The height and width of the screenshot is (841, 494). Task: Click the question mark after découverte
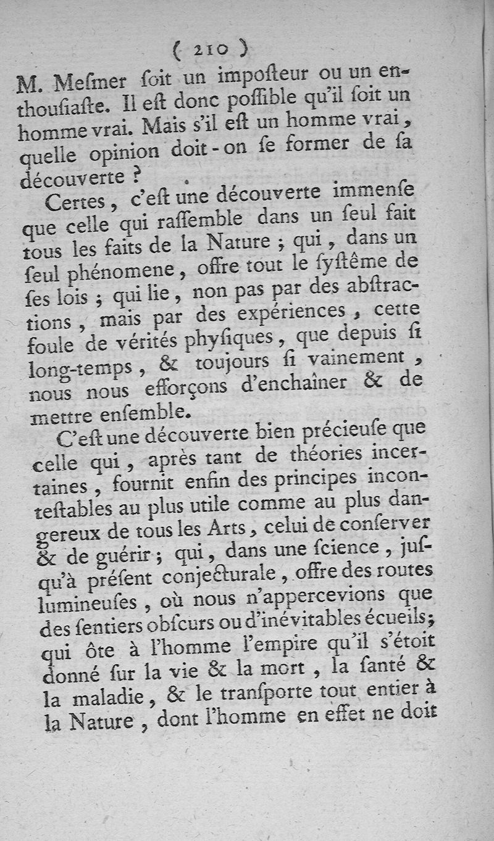(x=136, y=175)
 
